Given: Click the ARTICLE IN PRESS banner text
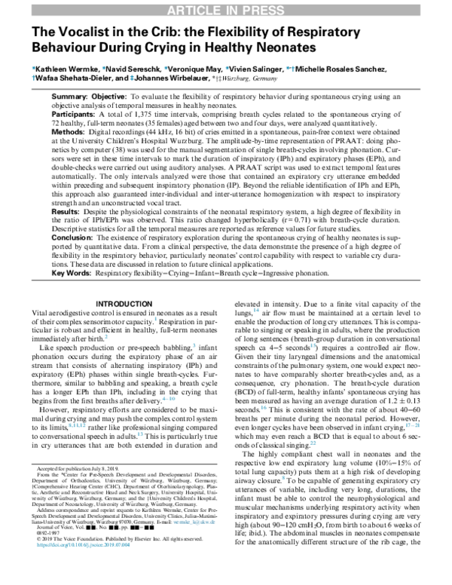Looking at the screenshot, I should [x=226, y=9].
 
